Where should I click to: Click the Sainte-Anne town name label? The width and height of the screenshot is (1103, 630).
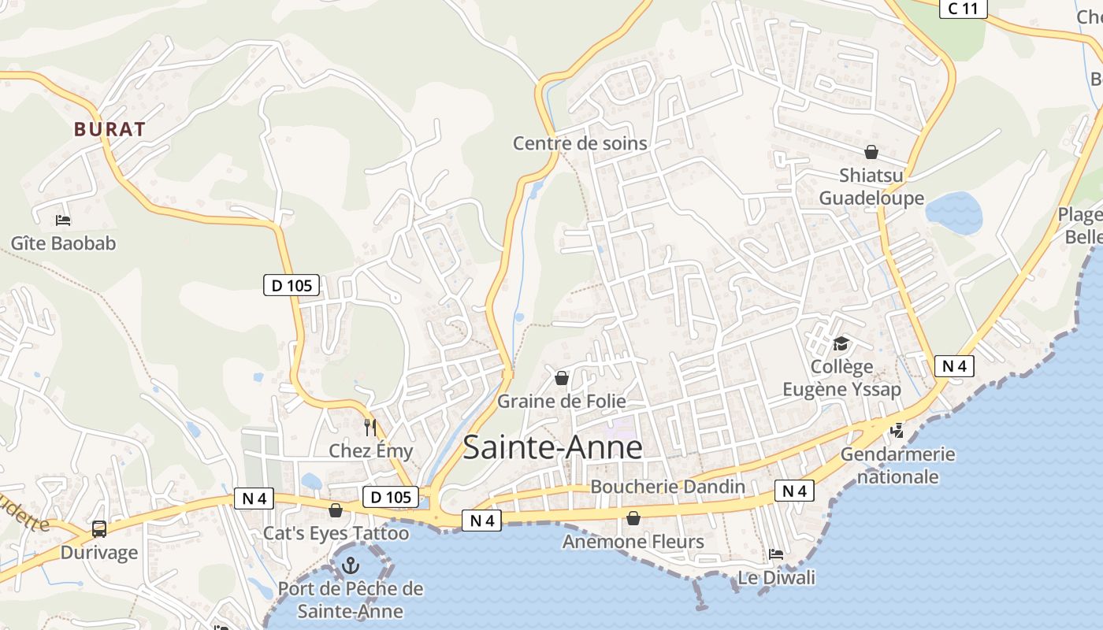[x=552, y=447]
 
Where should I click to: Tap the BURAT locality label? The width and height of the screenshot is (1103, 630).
[x=110, y=129]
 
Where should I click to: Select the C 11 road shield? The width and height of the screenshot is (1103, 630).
[x=963, y=9]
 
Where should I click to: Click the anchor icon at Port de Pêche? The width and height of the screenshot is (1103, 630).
[x=350, y=565]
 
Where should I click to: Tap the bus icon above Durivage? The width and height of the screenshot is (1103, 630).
[x=99, y=529]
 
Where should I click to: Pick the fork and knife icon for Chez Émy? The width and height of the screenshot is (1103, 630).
[x=370, y=428]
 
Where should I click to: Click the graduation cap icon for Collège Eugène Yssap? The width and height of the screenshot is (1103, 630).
[x=841, y=344]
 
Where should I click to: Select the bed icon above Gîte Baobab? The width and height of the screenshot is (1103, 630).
[x=63, y=220]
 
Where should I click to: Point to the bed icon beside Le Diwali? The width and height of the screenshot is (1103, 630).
[x=776, y=554]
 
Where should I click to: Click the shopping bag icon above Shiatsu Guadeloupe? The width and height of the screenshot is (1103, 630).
[x=871, y=151]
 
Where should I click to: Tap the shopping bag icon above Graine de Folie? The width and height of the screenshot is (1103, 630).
[x=562, y=379]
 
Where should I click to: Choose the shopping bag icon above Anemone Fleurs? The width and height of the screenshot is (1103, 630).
[x=633, y=518]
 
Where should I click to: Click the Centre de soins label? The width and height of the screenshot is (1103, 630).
[x=580, y=143]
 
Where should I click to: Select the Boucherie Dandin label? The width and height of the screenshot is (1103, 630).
[x=667, y=487]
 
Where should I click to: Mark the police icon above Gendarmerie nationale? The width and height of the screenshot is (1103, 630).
[x=897, y=431]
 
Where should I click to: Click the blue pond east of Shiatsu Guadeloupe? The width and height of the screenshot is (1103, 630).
[x=953, y=213]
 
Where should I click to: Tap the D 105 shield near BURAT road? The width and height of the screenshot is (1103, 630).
[x=291, y=286]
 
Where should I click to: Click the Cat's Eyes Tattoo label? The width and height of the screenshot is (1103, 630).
[x=336, y=533]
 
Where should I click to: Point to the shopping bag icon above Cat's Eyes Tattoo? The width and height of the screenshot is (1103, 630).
[x=336, y=511]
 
